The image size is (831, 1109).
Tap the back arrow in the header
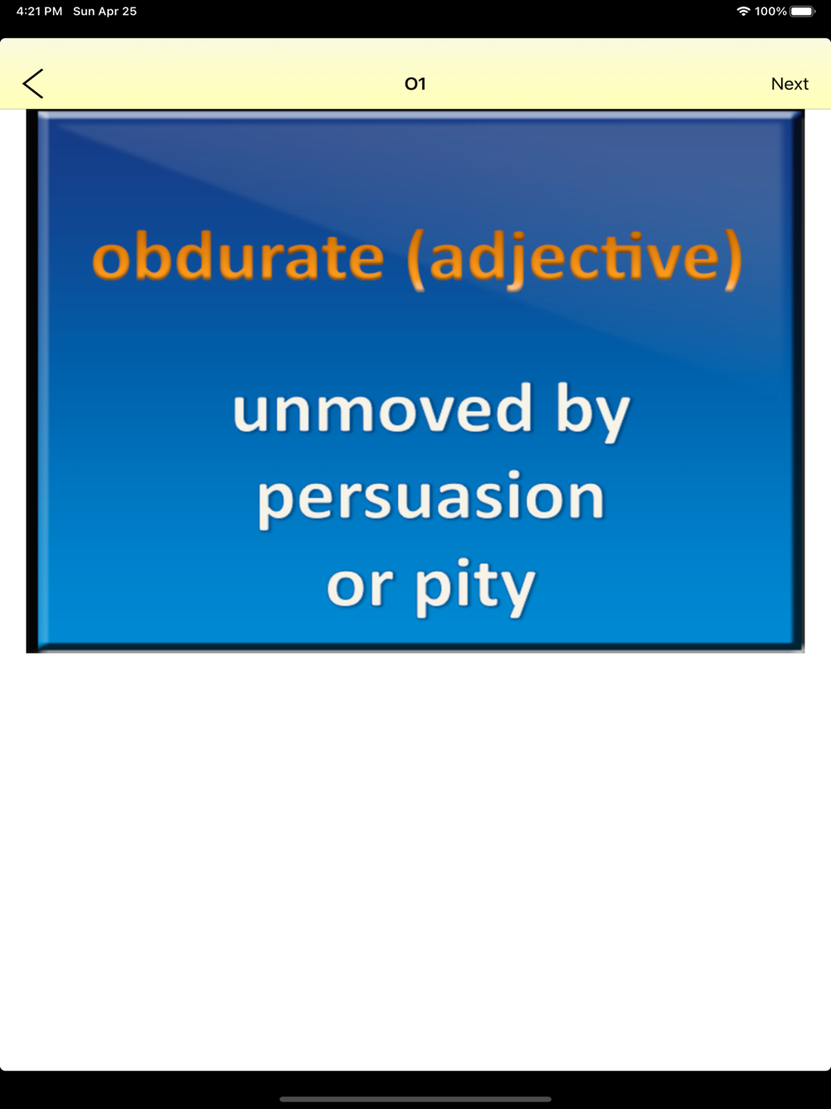click(x=32, y=83)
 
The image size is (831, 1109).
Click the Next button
click(x=789, y=84)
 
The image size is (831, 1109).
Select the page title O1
click(x=415, y=84)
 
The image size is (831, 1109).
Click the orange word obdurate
click(x=238, y=257)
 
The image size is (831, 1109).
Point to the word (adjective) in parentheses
click(x=574, y=259)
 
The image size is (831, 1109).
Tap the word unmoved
click(x=382, y=408)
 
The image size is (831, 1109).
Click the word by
click(x=593, y=413)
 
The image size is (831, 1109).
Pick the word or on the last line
click(x=360, y=587)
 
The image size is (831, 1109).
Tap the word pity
click(x=475, y=588)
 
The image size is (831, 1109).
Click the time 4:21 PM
click(x=39, y=11)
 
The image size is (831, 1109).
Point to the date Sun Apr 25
click(x=105, y=11)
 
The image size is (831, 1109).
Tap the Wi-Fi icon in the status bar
click(x=743, y=11)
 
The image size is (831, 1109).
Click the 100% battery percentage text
click(x=770, y=11)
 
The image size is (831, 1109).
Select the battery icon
click(x=803, y=11)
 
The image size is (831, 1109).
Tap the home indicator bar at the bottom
click(x=415, y=1099)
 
